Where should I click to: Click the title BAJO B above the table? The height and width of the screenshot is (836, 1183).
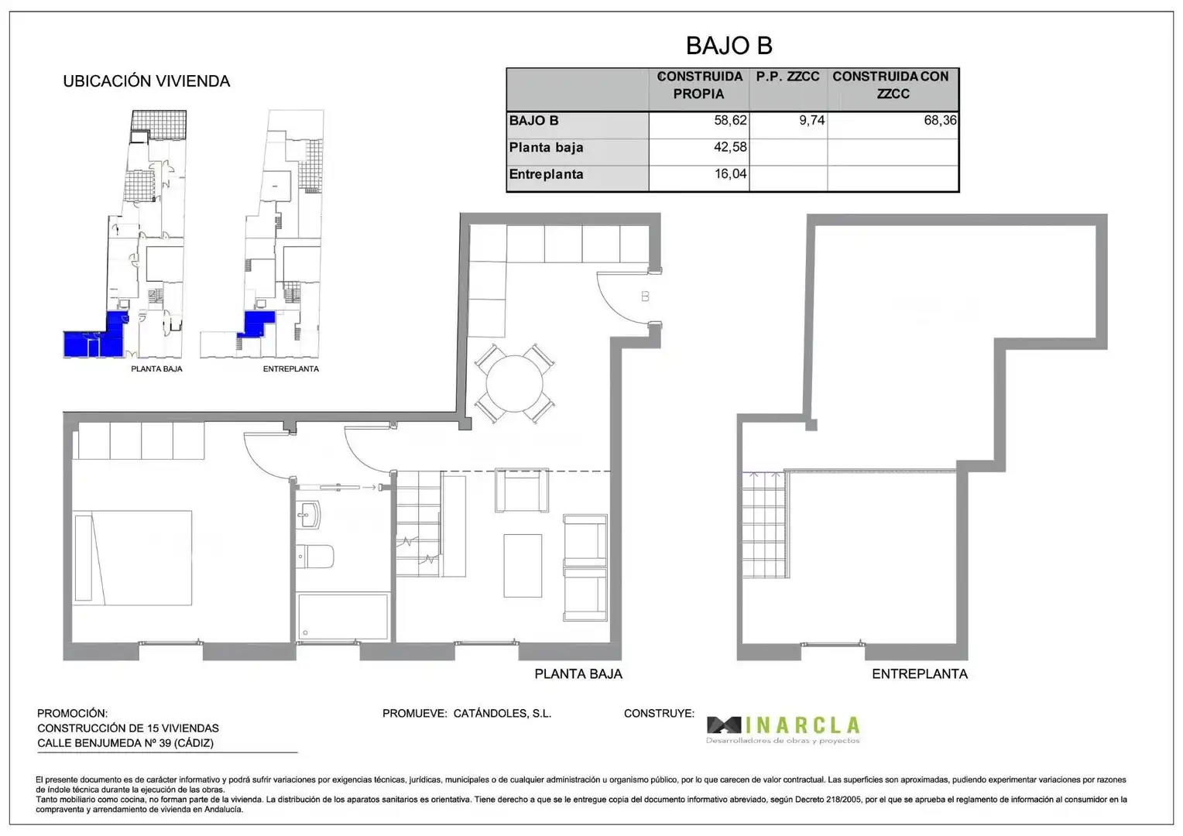pyautogui.click(x=729, y=46)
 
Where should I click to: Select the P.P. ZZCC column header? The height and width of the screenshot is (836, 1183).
pyautogui.click(x=788, y=77)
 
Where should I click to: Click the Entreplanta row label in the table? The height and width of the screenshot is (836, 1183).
pyautogui.click(x=546, y=174)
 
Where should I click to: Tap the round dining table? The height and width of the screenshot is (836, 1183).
pyautogui.click(x=514, y=383)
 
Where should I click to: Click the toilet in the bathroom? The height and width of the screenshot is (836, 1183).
pyautogui.click(x=315, y=556)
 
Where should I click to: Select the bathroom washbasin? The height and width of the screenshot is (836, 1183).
pyautogui.click(x=308, y=515)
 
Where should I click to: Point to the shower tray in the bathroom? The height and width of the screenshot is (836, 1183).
pyautogui.click(x=343, y=616)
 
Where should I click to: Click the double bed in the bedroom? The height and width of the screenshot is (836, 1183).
pyautogui.click(x=132, y=557)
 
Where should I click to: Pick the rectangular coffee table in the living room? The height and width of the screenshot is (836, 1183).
pyautogui.click(x=523, y=566)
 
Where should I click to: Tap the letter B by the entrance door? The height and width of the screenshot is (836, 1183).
pyautogui.click(x=645, y=296)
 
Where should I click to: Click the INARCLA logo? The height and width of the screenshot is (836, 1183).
pyautogui.click(x=784, y=730)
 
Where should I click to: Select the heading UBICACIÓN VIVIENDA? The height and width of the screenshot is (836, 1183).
pyautogui.click(x=146, y=81)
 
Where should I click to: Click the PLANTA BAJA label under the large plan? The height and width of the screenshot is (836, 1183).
pyautogui.click(x=578, y=674)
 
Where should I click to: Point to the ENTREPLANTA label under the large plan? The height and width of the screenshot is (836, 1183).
pyautogui.click(x=920, y=674)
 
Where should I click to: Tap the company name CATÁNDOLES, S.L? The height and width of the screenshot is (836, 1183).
pyautogui.click(x=502, y=714)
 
